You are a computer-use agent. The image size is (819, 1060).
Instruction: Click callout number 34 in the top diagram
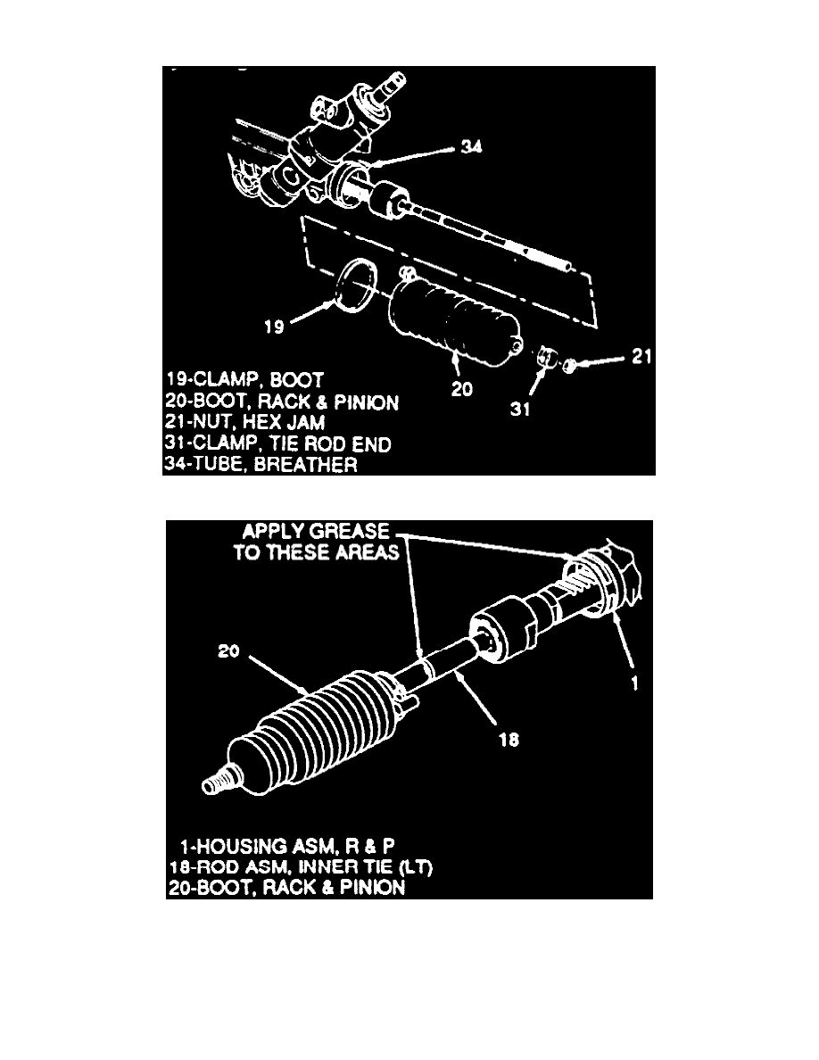[472, 146]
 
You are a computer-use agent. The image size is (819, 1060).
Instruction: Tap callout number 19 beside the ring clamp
[274, 327]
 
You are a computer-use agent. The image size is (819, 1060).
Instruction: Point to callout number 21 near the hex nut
[641, 356]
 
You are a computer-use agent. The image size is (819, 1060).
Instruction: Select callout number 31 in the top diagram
[520, 409]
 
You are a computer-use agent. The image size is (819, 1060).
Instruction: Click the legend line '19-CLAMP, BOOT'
[244, 380]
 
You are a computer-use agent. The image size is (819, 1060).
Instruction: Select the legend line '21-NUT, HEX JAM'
[245, 423]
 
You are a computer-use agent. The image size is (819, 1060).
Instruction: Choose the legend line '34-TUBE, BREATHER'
[261, 465]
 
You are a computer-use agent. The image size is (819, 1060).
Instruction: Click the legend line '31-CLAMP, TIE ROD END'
[278, 444]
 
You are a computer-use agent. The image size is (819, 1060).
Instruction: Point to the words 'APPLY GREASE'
[316, 532]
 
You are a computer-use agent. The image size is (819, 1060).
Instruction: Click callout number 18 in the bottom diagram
[509, 740]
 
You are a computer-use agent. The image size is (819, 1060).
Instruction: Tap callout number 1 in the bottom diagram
[634, 683]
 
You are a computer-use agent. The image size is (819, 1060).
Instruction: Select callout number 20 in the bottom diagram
[228, 651]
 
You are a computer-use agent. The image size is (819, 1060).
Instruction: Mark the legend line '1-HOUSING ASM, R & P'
[287, 847]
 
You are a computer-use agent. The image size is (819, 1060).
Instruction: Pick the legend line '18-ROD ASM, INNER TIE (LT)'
[301, 866]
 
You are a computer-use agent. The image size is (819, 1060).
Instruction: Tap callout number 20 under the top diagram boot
[461, 389]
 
